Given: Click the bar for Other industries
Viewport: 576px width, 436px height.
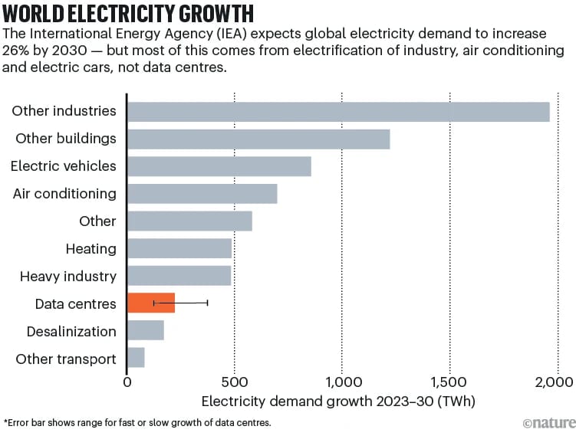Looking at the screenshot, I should click(338, 111).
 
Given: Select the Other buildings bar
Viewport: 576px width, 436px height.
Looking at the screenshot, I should click(258, 139).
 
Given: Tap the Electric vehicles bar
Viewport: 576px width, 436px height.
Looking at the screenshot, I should click(219, 166).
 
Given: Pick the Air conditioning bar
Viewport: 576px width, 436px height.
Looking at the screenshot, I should click(202, 194).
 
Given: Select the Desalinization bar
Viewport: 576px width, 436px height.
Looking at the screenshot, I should click(145, 331).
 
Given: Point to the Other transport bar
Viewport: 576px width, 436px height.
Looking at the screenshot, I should click(136, 359).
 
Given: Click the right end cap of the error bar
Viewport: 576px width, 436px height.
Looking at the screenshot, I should click(207, 303).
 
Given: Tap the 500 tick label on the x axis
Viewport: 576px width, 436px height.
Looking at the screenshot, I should click(235, 381).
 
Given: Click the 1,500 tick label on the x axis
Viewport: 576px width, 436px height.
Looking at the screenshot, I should click(449, 381).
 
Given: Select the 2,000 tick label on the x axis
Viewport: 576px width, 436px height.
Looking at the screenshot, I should click(556, 381).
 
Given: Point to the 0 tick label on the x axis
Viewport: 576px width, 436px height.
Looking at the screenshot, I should click(127, 381).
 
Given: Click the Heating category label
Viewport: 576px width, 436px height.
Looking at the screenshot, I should click(91, 249).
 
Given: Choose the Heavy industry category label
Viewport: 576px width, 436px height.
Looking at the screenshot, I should click(68, 277).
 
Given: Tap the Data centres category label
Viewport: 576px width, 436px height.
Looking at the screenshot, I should click(76, 304).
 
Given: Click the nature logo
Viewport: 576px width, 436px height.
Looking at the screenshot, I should click(548, 423).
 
